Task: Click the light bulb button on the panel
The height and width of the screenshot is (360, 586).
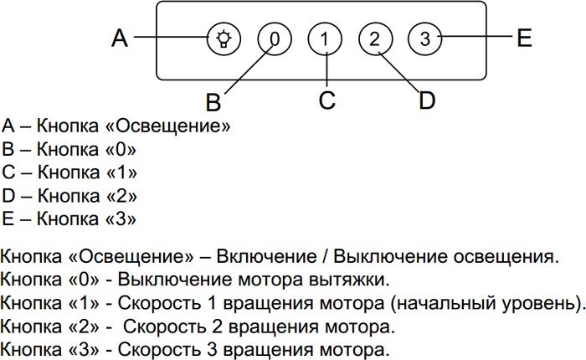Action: pyautogui.click(x=224, y=39)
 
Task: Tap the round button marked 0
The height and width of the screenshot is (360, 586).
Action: pyautogui.click(x=275, y=39)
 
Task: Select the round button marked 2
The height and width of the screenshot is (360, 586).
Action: pyautogui.click(x=375, y=39)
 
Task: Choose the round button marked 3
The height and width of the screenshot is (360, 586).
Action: pyautogui.click(x=425, y=39)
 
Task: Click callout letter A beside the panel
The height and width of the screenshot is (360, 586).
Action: pyautogui.click(x=120, y=38)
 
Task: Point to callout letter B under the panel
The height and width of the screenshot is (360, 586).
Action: pyautogui.click(x=213, y=102)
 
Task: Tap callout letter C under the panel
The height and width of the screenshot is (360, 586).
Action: pyautogui.click(x=327, y=100)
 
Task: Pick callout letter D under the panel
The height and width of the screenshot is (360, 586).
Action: pyautogui.click(x=427, y=100)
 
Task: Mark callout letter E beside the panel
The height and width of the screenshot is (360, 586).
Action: pyautogui.click(x=524, y=38)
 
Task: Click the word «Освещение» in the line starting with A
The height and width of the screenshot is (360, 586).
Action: pyautogui.click(x=168, y=126)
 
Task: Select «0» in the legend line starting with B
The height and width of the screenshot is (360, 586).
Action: pyautogui.click(x=121, y=150)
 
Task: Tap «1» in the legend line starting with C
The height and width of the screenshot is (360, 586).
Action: pyautogui.click(x=122, y=172)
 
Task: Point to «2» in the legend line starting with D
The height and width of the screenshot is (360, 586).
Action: pyautogui.click(x=122, y=196)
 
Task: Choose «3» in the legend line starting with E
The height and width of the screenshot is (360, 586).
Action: pyautogui.click(x=121, y=219)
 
